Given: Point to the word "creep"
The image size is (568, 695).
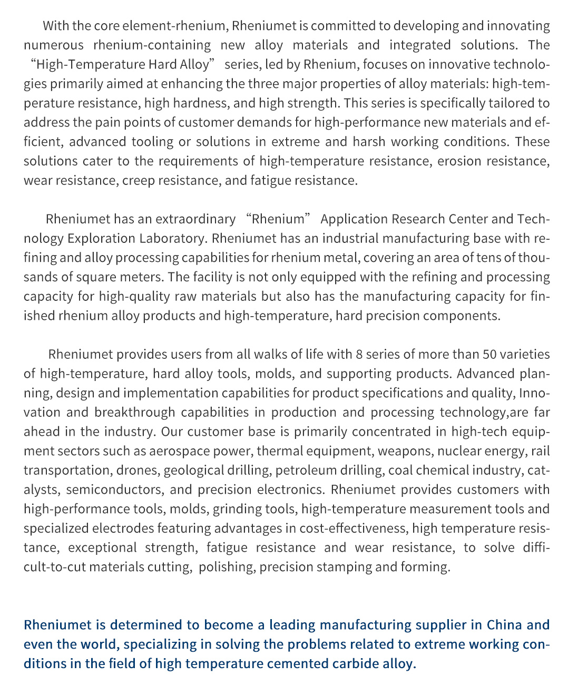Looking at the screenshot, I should click(138, 180).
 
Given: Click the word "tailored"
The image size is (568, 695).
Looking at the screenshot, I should click(510, 103).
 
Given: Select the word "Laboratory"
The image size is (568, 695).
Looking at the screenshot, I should click(172, 238).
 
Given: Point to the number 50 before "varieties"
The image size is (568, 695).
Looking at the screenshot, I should click(490, 354).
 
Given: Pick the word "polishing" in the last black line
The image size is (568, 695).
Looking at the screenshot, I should click(226, 567).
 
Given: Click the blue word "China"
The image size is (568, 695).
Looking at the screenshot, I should click(504, 625).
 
